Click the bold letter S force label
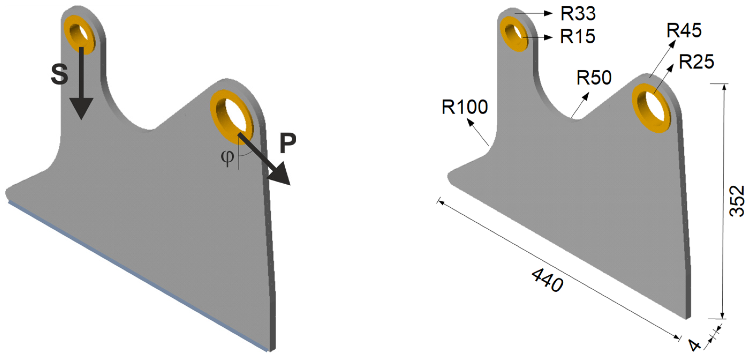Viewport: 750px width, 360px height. [x=59, y=74]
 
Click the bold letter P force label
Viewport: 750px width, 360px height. [x=288, y=143]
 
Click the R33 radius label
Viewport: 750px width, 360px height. [x=578, y=13]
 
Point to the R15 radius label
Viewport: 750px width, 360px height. [x=577, y=36]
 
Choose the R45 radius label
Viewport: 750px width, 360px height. [x=684, y=30]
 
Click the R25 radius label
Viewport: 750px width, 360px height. [x=696, y=62]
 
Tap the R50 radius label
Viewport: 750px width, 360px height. [x=594, y=77]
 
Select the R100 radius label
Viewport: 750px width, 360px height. [x=465, y=107]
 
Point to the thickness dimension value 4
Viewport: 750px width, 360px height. [x=695, y=346]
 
